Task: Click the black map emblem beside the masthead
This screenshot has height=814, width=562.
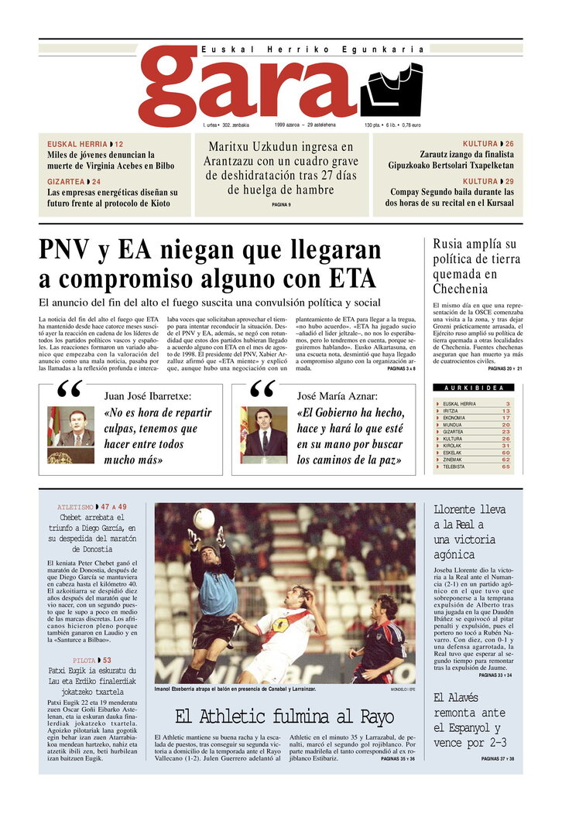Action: coord(390,90)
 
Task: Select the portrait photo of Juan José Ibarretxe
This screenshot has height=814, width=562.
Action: coord(71,434)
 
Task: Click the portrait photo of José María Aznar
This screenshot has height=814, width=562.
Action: coord(264,434)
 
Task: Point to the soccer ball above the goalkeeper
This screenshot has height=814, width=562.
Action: coord(204,518)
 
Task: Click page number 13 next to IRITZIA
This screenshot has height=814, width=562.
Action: coord(505,411)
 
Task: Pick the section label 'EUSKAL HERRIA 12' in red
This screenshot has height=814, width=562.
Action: coord(85,145)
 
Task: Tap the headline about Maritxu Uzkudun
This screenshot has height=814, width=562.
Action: coord(281,169)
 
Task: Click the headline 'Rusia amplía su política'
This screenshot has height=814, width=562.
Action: coord(475,265)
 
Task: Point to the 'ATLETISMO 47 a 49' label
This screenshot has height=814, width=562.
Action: coord(92,507)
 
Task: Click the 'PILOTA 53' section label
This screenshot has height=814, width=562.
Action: coord(91,660)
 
